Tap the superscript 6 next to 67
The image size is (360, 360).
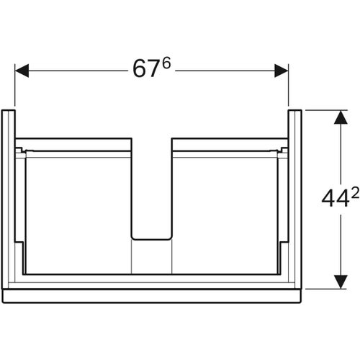[x=164, y=64]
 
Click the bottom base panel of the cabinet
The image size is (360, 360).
[x=151, y=294]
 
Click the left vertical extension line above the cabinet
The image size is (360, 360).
[x=15, y=86]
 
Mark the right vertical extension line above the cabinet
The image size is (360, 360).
[x=288, y=86]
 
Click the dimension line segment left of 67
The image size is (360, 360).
[x=79, y=71]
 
